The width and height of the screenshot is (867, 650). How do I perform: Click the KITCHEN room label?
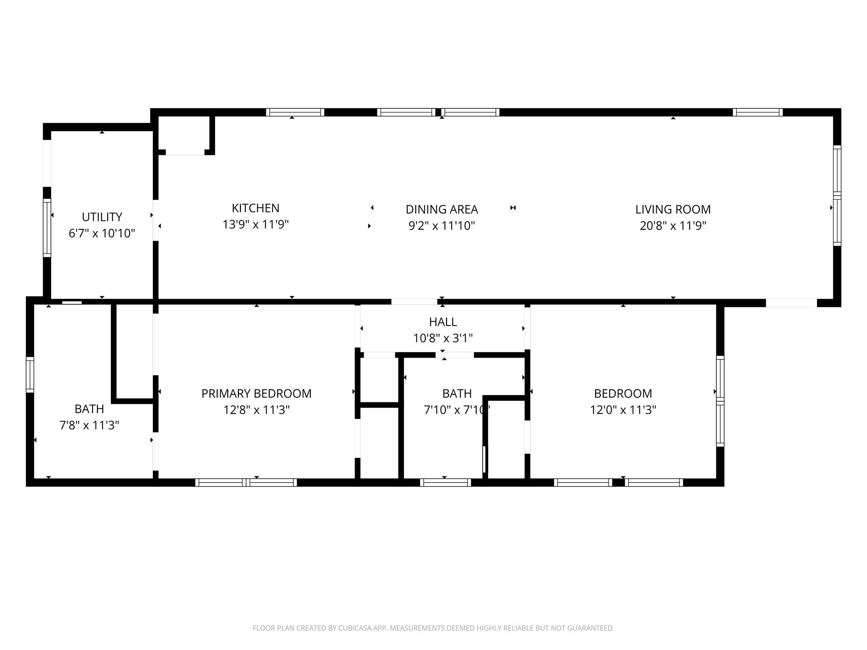point(255,208)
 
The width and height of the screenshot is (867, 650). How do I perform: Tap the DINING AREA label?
point(442,209)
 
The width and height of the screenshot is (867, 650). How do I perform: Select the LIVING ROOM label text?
point(673,209)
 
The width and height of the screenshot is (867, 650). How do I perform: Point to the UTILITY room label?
point(102,217)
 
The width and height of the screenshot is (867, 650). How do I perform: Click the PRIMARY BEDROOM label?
point(256,394)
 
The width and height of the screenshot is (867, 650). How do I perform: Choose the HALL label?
point(443,322)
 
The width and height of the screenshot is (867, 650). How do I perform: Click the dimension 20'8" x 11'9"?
point(673,226)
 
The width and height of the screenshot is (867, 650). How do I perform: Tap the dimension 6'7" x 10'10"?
point(102,233)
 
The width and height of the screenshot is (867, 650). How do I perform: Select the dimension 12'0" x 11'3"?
point(623,410)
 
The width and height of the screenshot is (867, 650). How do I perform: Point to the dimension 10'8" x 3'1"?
point(443,338)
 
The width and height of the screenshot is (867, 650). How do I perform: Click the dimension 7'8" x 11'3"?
point(89,425)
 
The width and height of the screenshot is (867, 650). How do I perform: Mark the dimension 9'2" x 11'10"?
point(442,226)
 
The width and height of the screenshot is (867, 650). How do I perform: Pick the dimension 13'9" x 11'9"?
point(255,224)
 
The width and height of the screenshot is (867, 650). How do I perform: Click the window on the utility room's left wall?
point(47,228)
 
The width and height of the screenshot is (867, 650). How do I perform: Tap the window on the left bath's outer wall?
point(30,375)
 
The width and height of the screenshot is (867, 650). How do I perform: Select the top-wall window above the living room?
point(757,112)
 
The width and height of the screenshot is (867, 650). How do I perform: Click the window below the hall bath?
point(445,482)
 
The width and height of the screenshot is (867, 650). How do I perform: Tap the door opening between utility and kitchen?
point(156,220)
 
